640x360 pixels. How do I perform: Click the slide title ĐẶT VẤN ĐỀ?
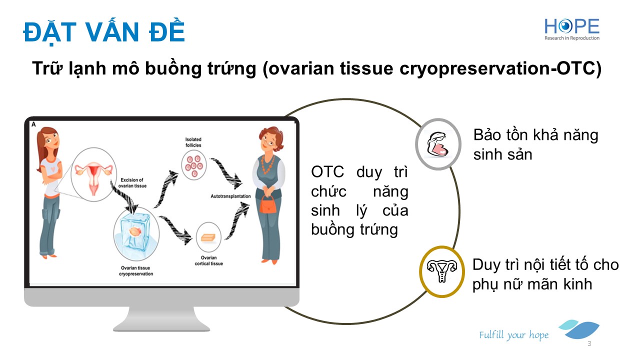[104, 31]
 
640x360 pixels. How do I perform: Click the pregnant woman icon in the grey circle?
[438, 144]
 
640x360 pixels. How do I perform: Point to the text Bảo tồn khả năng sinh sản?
[535, 144]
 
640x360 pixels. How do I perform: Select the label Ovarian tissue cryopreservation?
[136, 271]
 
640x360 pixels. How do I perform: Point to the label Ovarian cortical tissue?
[208, 260]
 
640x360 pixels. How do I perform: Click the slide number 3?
[589, 344]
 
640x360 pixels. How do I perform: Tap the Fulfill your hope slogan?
[513, 335]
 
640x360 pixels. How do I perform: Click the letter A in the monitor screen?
[33, 124]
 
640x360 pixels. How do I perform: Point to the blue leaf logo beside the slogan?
[580, 330]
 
